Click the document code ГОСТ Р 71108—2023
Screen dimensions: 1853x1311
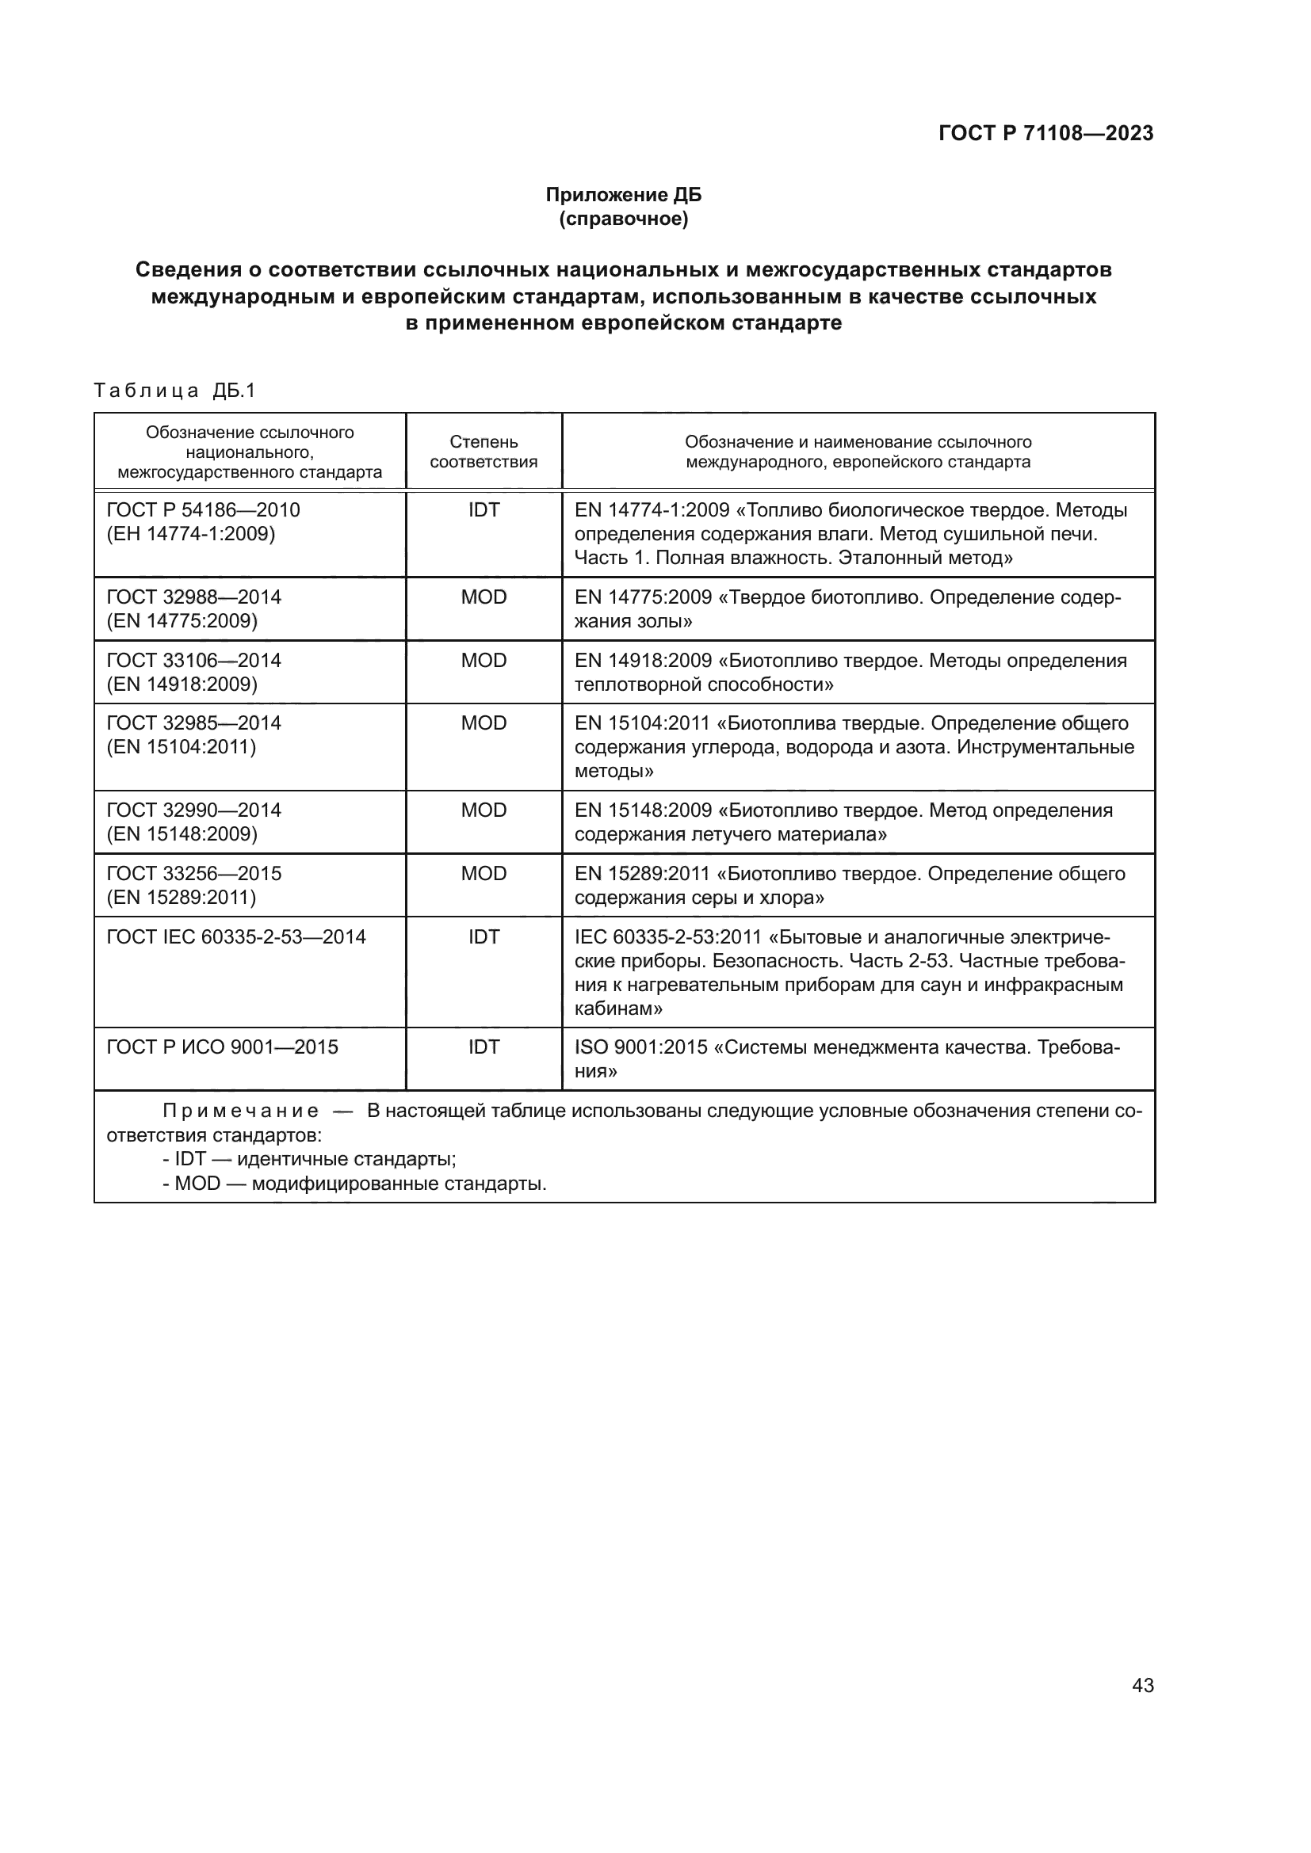click(1045, 134)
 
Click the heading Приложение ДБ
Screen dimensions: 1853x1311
click(623, 195)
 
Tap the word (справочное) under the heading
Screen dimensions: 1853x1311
click(623, 219)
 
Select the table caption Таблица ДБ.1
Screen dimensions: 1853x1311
click(174, 391)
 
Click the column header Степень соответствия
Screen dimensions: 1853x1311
click(484, 452)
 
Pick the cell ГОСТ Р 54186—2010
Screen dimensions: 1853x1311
click(204, 510)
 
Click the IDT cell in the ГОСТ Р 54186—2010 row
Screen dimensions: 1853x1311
click(484, 510)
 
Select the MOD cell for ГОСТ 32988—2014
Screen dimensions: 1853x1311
click(484, 597)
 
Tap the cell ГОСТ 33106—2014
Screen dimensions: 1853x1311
click(193, 660)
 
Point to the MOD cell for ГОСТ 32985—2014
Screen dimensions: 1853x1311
click(484, 723)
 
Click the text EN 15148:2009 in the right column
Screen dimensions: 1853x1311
click(643, 810)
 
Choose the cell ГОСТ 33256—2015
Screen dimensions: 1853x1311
click(193, 873)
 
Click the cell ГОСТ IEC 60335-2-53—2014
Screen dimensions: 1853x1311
click(235, 937)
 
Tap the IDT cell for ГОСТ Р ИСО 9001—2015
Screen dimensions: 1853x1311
click(484, 1047)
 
